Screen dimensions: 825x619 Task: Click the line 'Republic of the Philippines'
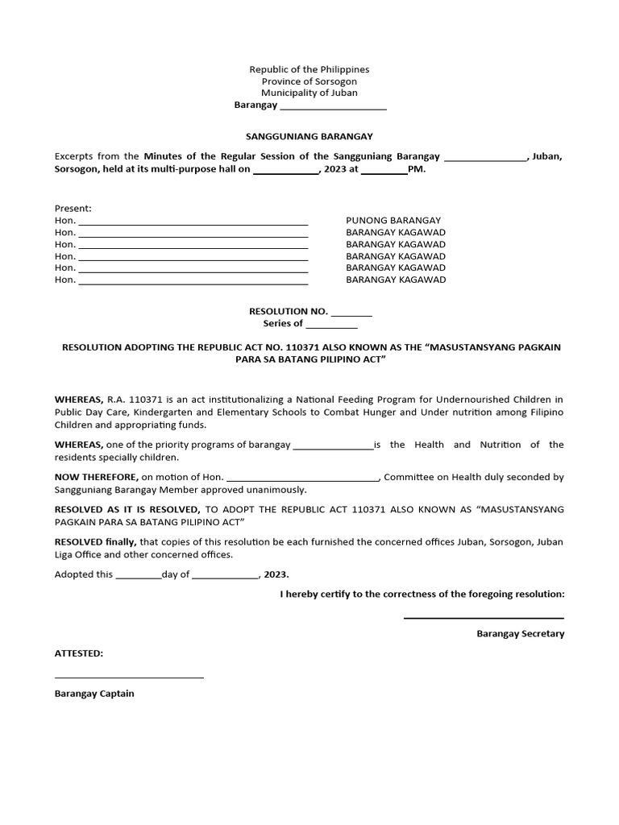(309, 70)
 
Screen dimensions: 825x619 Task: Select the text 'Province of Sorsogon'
(309, 81)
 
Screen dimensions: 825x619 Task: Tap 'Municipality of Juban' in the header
(309, 93)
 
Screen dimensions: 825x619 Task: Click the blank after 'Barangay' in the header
(332, 106)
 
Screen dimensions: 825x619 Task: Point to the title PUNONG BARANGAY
(393, 220)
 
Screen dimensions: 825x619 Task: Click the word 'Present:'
(73, 208)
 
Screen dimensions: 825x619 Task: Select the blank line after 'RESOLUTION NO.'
(351, 313)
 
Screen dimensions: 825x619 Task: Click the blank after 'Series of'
(331, 325)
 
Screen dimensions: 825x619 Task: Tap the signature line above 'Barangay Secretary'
(484, 617)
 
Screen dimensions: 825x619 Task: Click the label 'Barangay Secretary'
(520, 634)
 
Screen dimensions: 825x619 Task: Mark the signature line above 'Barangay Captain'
(129, 677)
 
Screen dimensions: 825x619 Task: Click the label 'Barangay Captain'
(94, 694)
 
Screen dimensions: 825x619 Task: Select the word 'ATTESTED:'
(79, 653)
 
